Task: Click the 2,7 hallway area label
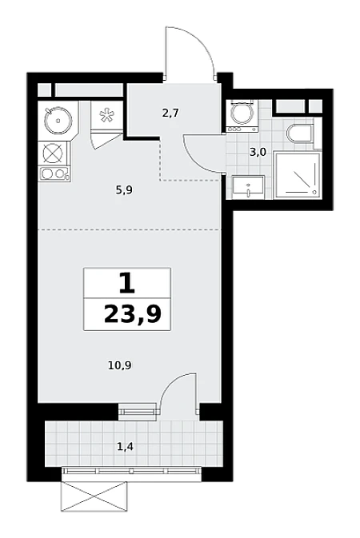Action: click(x=170, y=113)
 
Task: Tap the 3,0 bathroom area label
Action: click(x=258, y=152)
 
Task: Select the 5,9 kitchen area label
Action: click(x=124, y=189)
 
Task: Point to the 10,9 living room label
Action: click(x=119, y=366)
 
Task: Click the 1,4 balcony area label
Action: click(x=125, y=446)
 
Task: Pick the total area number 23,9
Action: click(x=133, y=314)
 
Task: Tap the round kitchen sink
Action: click(x=58, y=120)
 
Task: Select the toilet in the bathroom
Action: click(x=300, y=134)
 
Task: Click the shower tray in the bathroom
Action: click(x=298, y=176)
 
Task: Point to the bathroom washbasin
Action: click(x=248, y=187)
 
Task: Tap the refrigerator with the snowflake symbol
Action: click(x=106, y=115)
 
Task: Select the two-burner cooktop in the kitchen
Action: click(x=54, y=173)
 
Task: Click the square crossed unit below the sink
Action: click(x=54, y=153)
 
